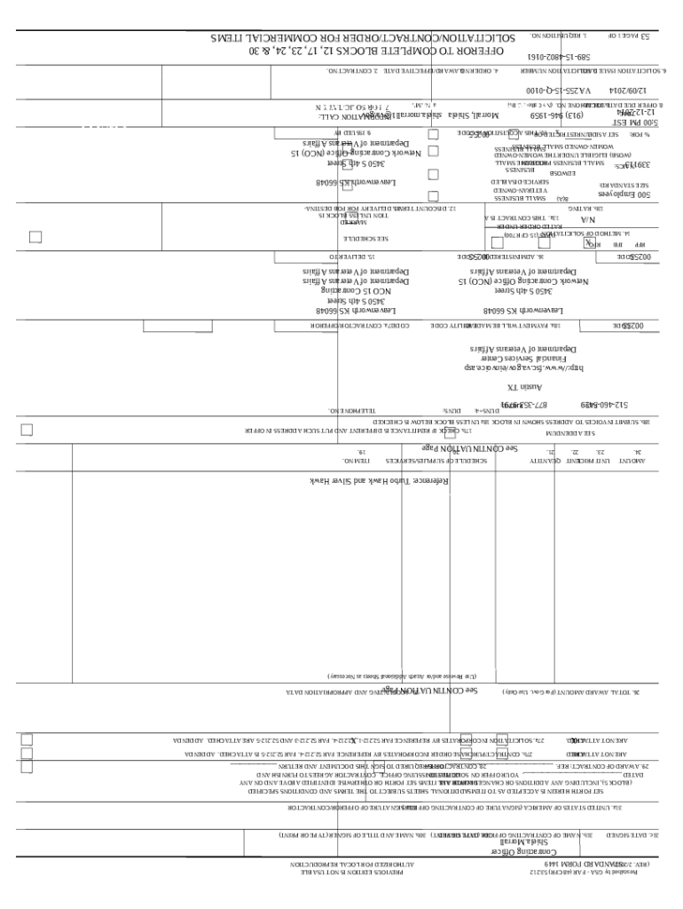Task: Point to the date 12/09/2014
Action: click(x=628, y=90)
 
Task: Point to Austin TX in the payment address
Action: click(x=523, y=387)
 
